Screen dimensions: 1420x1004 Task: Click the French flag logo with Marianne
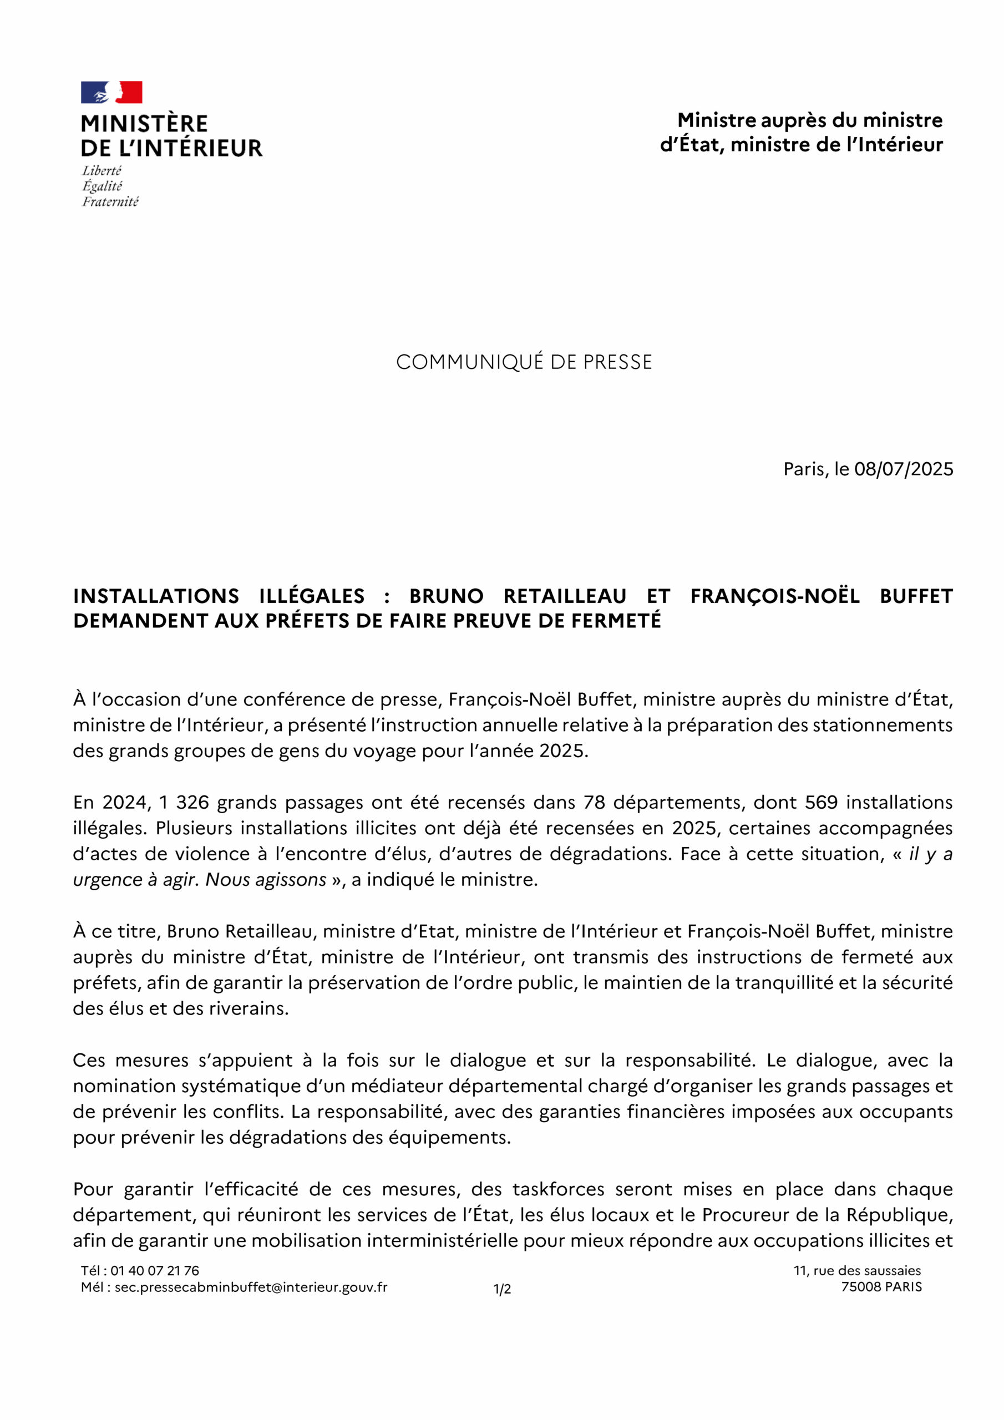point(111,92)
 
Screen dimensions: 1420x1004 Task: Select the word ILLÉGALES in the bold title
point(311,596)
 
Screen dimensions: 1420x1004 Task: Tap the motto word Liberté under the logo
point(102,171)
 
